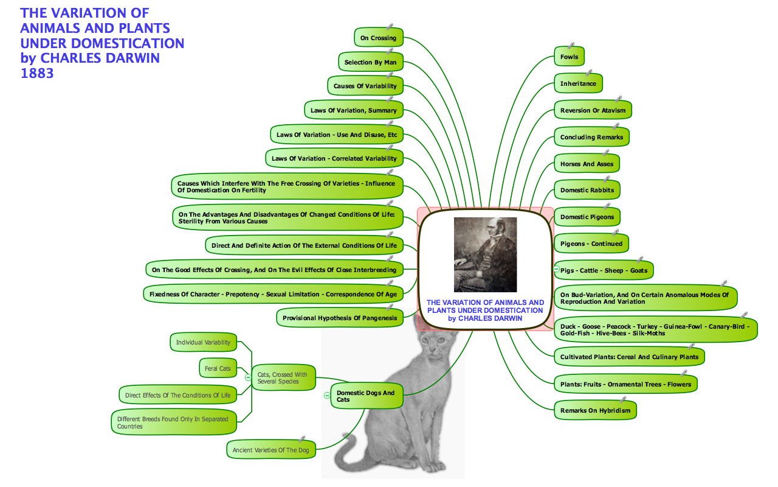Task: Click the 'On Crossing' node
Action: click(x=378, y=38)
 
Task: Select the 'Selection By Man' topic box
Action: click(x=370, y=62)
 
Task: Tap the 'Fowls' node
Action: click(x=569, y=57)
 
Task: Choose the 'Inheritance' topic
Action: click(x=578, y=83)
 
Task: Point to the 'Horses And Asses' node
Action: click(x=587, y=164)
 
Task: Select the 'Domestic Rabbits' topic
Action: click(x=587, y=190)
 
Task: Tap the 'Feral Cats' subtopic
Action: click(x=218, y=368)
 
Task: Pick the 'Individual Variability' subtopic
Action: click(x=203, y=342)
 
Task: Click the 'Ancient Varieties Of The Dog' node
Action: click(x=270, y=450)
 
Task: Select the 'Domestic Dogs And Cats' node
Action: click(x=365, y=396)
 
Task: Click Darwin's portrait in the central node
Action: click(x=485, y=254)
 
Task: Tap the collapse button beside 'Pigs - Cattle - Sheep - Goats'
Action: click(x=556, y=269)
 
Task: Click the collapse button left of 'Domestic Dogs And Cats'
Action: click(x=326, y=396)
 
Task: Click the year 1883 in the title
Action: click(x=37, y=74)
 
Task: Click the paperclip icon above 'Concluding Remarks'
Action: click(x=616, y=126)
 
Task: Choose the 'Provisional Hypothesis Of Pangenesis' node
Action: click(x=339, y=318)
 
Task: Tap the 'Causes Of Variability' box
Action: click(x=365, y=86)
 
